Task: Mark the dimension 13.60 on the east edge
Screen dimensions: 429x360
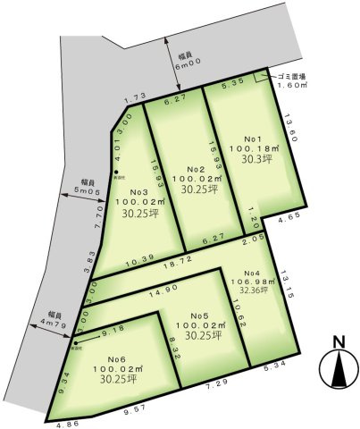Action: pyautogui.click(x=288, y=124)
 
